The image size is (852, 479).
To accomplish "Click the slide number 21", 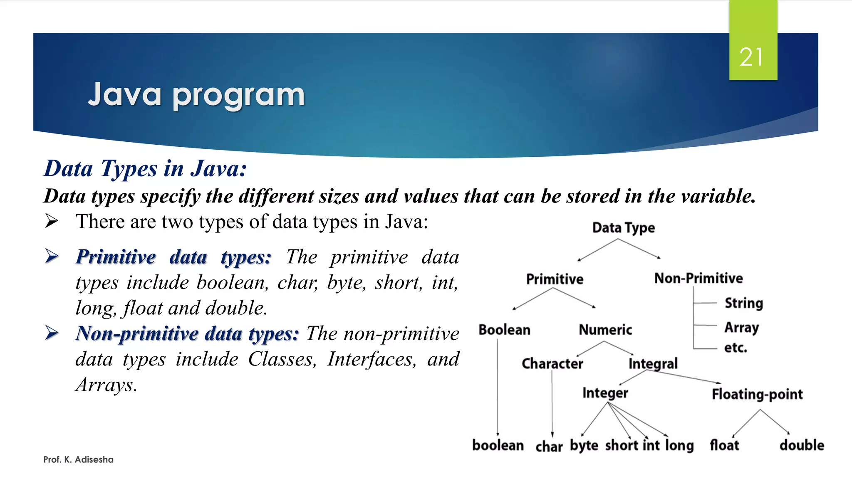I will (751, 57).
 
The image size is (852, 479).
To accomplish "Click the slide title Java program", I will (196, 95).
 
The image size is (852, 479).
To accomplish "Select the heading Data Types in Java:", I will (145, 169).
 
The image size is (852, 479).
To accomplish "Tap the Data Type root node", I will (623, 228).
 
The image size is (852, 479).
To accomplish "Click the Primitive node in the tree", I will (555, 279).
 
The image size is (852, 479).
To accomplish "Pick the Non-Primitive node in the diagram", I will (698, 278).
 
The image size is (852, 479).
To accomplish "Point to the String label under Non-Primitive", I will (744, 303).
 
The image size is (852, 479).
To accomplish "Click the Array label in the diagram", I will (741, 328).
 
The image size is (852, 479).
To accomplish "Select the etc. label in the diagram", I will (736, 348).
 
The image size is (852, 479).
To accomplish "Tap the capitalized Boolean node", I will (504, 330).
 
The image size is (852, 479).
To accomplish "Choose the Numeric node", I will (605, 330).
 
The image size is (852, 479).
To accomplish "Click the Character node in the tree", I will (552, 364).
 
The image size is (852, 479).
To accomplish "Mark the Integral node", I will (653, 364).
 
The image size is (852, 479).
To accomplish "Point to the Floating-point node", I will (757, 394).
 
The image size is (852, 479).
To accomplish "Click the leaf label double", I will (802, 445).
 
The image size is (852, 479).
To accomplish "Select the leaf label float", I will (724, 445).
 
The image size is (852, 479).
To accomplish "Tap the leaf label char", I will (549, 447).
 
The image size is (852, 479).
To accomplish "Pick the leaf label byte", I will (584, 446).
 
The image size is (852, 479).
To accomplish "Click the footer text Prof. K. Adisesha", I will (78, 459).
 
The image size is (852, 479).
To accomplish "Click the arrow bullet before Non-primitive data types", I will (52, 333).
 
